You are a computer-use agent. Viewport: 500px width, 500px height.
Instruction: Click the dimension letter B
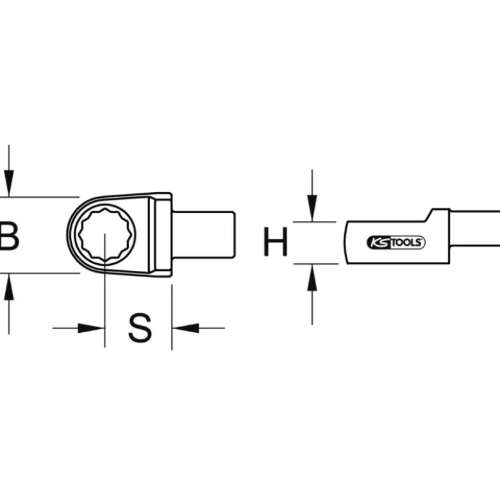point(9,236)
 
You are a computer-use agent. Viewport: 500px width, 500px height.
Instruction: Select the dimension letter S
point(140,328)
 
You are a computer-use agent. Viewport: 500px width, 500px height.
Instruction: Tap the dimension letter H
point(275,242)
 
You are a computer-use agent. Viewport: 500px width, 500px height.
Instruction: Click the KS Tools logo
point(396,243)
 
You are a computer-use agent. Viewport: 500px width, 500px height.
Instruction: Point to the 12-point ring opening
point(105,234)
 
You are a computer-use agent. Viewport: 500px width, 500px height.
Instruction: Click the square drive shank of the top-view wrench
point(204,235)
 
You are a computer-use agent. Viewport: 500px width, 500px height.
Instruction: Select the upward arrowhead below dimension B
point(9,287)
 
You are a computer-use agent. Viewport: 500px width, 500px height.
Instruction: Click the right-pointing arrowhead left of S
point(91,328)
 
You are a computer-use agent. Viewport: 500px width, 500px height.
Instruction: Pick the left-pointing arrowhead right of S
point(185,328)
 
